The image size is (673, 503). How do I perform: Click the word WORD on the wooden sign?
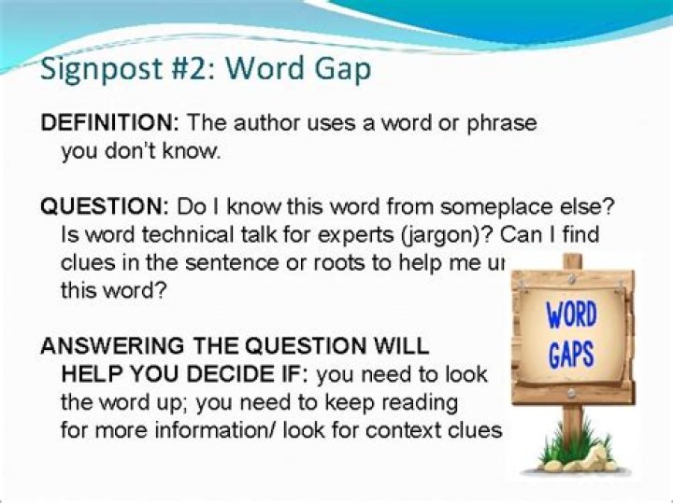tap(572, 314)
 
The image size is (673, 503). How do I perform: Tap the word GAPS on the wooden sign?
tap(572, 355)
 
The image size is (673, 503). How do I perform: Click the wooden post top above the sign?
tap(572, 261)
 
